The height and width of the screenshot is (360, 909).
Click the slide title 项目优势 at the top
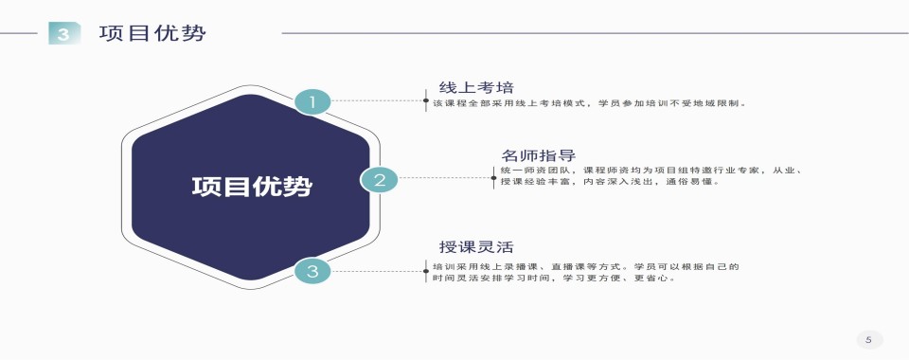(152, 33)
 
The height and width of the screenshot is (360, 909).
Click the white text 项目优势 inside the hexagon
(251, 186)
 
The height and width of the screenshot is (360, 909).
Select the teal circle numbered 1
(312, 100)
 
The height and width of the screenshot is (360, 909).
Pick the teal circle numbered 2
(380, 178)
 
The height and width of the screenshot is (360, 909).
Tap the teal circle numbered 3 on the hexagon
(312, 271)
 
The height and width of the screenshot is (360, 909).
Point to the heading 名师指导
(538, 155)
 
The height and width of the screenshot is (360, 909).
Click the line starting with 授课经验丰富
(610, 182)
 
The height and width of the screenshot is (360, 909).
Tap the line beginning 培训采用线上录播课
(585, 266)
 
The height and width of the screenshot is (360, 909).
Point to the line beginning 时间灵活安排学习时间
(553, 279)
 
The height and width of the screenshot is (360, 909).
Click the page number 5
(867, 339)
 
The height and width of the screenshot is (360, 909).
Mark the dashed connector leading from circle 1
(378, 99)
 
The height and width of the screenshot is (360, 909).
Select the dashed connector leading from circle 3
(378, 271)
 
